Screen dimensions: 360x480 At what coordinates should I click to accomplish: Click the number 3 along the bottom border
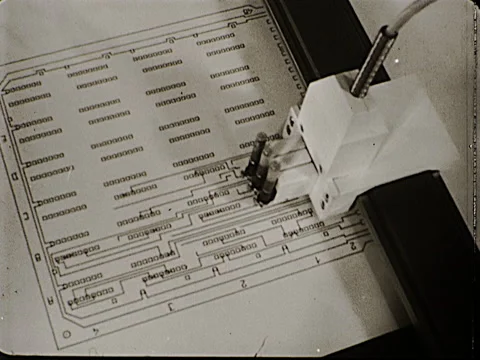click(x=171, y=305)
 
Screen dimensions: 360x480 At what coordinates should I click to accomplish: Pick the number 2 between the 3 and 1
click(x=243, y=283)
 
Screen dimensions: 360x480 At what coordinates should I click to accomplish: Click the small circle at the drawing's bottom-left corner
click(x=66, y=334)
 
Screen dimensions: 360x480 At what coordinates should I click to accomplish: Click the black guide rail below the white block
click(x=420, y=250)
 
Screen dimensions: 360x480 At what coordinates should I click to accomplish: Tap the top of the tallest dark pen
click(x=261, y=137)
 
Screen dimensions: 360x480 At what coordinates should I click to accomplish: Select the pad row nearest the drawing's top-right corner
click(x=215, y=41)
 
